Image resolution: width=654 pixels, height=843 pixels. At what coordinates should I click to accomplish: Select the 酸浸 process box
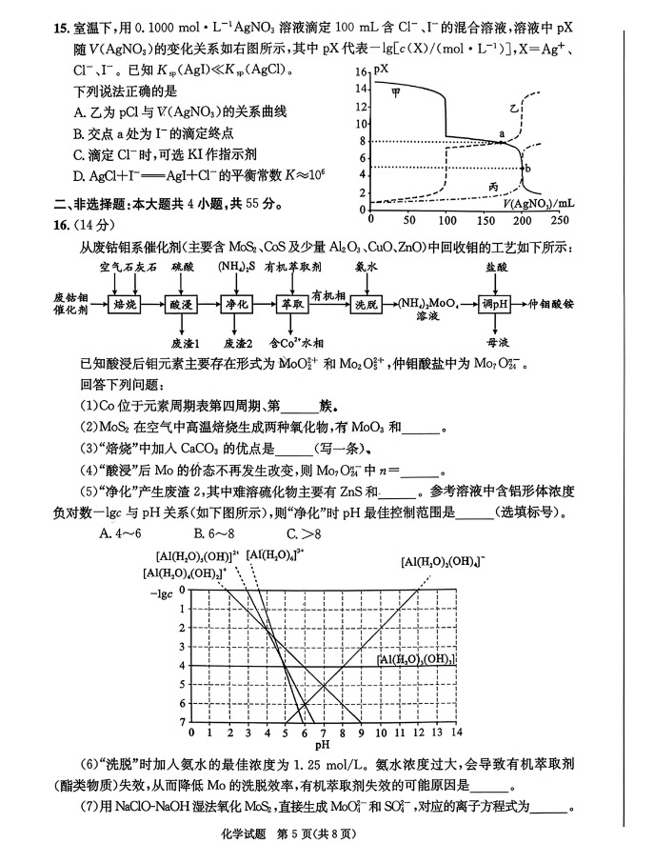click(183, 304)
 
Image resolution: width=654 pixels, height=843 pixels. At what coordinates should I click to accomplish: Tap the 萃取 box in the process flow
click(291, 304)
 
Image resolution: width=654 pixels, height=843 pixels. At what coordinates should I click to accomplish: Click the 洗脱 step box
click(366, 304)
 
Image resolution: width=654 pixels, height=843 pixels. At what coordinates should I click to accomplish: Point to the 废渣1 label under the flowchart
click(185, 342)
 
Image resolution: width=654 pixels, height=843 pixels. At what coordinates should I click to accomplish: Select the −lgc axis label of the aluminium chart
click(162, 592)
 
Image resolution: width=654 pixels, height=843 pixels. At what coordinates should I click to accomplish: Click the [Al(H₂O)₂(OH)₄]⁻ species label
click(442, 561)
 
